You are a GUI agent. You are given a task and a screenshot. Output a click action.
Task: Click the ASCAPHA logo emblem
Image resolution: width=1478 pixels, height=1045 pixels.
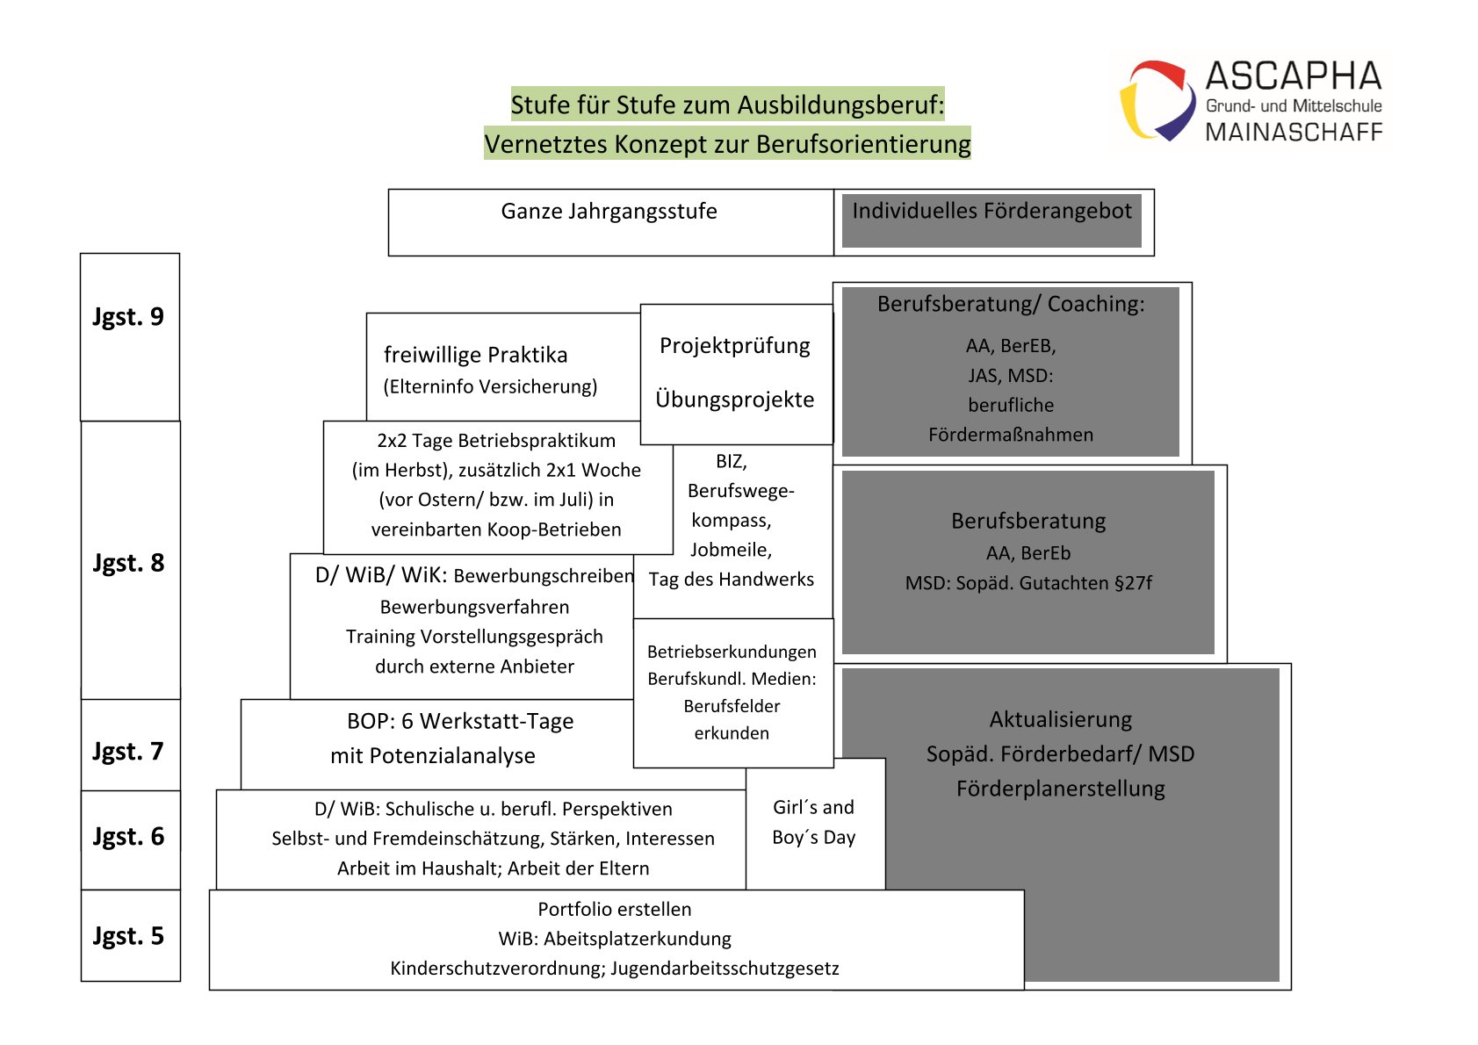pos(1157,99)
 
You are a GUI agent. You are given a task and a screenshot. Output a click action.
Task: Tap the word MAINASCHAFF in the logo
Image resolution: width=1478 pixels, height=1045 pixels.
pos(1294,133)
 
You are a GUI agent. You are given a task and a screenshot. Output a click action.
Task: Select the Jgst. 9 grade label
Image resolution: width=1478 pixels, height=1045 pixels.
pos(128,317)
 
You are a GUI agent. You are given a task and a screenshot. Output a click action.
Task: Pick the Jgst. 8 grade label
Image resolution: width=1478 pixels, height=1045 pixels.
pos(128,563)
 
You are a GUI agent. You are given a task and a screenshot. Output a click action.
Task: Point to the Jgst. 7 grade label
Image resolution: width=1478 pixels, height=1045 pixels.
pos(128,752)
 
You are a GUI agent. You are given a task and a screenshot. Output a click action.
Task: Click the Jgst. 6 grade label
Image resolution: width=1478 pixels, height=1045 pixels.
pos(128,837)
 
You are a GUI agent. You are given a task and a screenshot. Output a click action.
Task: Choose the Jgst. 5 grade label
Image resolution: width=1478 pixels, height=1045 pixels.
pos(128,936)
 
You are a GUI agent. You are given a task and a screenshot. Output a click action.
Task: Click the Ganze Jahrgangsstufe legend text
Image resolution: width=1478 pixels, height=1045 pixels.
pos(609,212)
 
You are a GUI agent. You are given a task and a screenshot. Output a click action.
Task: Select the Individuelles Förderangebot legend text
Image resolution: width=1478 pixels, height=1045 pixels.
pos(991,211)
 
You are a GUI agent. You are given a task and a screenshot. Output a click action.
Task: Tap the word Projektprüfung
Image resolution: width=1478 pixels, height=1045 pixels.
pos(735,346)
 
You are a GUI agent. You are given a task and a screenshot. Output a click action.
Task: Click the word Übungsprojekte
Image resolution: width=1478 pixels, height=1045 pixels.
pos(735,400)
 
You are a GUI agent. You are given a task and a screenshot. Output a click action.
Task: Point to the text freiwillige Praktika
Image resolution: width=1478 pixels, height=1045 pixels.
pos(475,355)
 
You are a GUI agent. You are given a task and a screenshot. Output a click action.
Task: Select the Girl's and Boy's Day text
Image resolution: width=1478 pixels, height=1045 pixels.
pos(814,823)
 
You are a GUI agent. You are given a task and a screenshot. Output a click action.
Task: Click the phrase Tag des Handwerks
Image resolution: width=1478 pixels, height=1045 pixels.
pos(732,580)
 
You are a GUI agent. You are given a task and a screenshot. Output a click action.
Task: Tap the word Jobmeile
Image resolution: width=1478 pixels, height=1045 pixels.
pos(731,550)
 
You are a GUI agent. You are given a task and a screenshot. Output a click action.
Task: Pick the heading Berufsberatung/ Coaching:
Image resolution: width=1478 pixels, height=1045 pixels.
pos(1011,304)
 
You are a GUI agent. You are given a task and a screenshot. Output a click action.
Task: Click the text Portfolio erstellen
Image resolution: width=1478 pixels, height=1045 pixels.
pos(615,910)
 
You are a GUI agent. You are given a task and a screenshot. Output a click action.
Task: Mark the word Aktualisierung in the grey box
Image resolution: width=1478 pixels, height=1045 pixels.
pos(1061,720)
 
